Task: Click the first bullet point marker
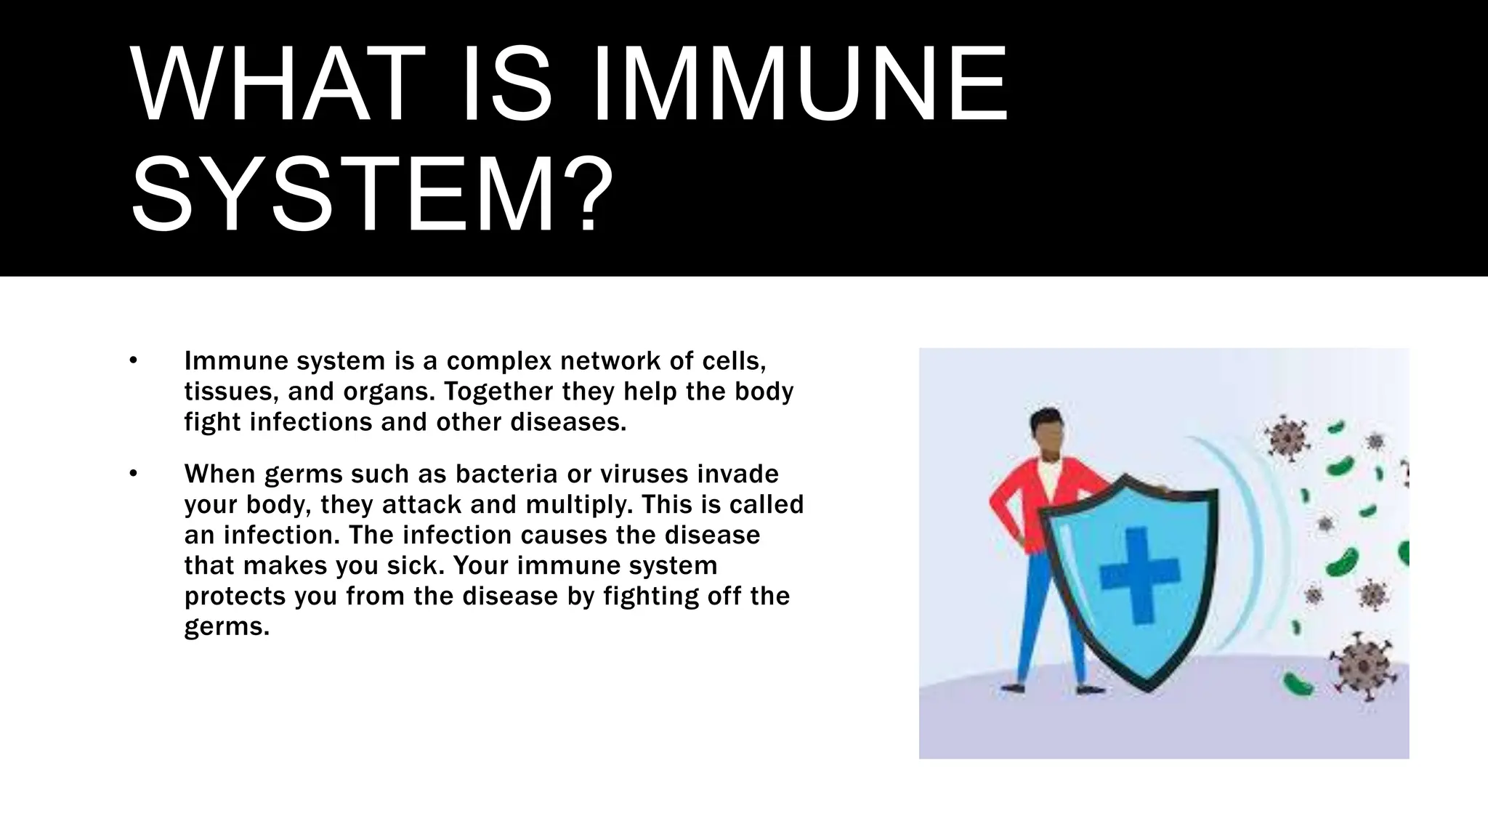pos(133,360)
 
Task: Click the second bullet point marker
pos(133,474)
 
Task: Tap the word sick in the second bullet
pos(417,566)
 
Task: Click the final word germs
pos(226,627)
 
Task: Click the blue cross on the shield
pos(1139,575)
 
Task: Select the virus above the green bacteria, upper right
pos(1287,438)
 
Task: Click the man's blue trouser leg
pos(1032,618)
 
